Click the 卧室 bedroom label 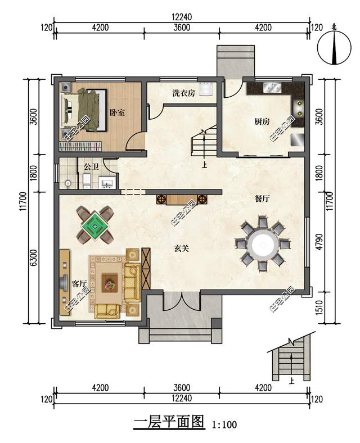coord(117,112)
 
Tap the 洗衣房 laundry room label coord(183,93)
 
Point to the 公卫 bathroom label coord(92,167)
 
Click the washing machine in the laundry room coord(206,89)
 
